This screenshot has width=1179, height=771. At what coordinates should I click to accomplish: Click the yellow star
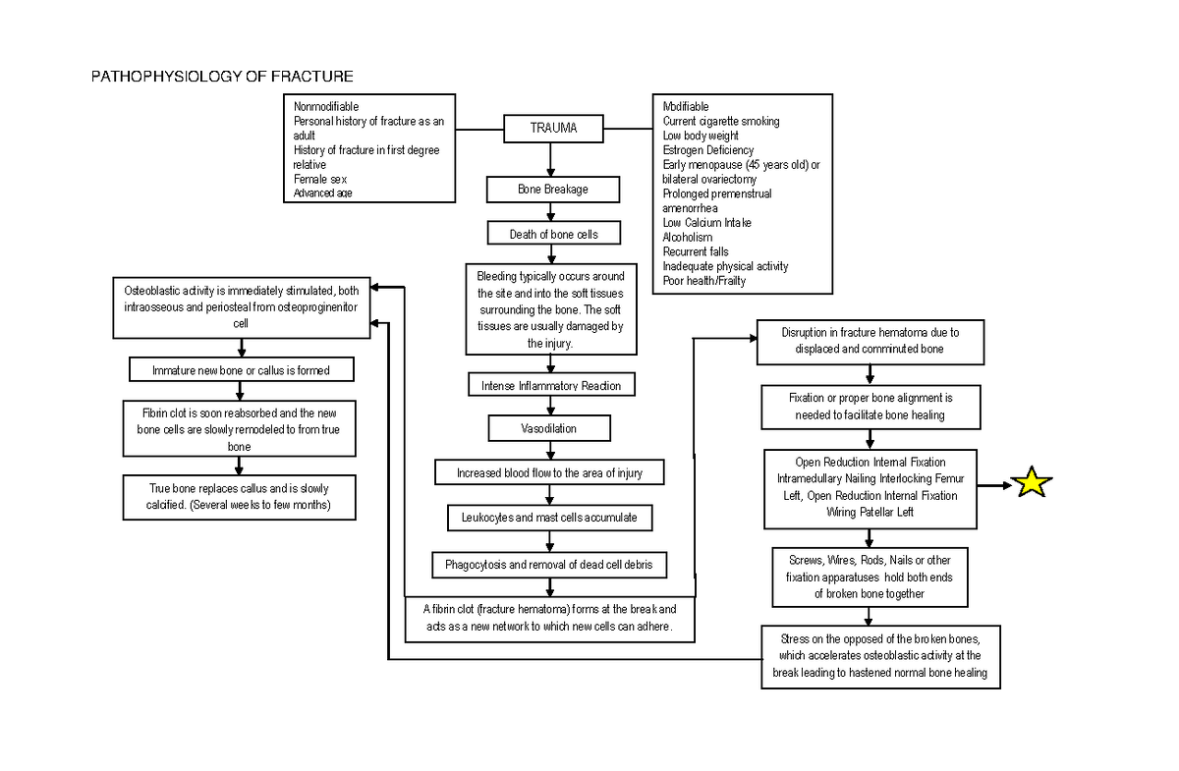click(x=1032, y=483)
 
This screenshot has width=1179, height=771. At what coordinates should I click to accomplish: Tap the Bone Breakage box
click(x=553, y=189)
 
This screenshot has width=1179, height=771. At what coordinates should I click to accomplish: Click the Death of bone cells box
click(x=553, y=234)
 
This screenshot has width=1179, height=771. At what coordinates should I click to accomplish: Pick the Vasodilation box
click(x=549, y=429)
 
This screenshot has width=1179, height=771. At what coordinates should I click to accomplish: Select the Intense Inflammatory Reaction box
click(x=551, y=385)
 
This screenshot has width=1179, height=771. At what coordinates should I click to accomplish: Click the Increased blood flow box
click(x=549, y=473)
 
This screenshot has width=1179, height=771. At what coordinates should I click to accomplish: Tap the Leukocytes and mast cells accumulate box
click(x=549, y=517)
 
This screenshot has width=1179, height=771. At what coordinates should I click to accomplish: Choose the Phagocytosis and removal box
click(x=549, y=565)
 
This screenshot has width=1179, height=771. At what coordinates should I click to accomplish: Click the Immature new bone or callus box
click(x=241, y=370)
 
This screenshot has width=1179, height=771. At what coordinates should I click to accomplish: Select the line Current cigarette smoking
click(x=720, y=121)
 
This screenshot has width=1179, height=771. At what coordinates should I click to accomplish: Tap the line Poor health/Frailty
click(x=703, y=281)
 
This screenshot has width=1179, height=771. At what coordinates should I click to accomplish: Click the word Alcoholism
click(x=688, y=238)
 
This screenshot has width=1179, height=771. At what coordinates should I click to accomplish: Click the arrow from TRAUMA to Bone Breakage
click(x=552, y=158)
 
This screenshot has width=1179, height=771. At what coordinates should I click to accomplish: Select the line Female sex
click(x=320, y=180)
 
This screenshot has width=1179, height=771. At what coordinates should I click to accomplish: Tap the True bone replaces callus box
click(x=239, y=496)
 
